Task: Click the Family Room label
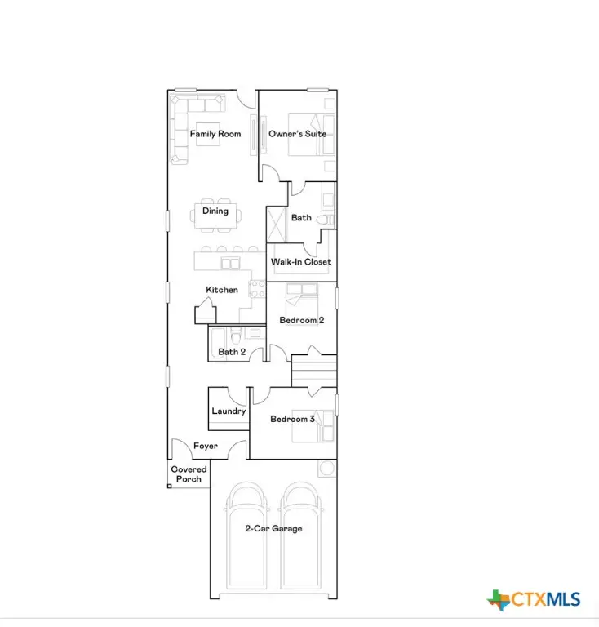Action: click(215, 134)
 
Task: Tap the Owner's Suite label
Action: click(298, 134)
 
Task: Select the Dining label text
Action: click(215, 211)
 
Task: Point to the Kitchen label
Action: click(222, 290)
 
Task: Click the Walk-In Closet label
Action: click(301, 262)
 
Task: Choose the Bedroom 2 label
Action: click(302, 321)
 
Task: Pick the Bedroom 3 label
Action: click(293, 420)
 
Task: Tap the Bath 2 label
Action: click(232, 352)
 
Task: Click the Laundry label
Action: click(229, 411)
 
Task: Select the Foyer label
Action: click(205, 447)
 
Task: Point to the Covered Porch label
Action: click(189, 474)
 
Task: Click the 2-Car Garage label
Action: click(273, 529)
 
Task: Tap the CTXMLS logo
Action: click(535, 600)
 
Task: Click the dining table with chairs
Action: click(215, 216)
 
